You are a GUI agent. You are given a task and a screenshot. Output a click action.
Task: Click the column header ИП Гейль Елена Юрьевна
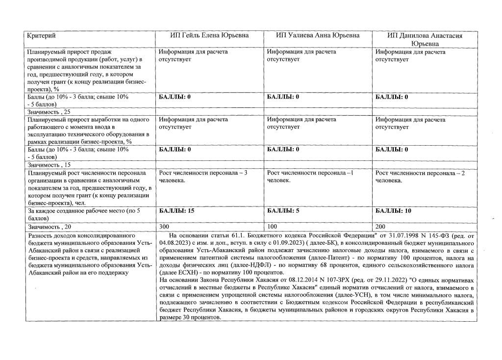209,35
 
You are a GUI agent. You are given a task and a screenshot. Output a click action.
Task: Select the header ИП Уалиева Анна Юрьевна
318,35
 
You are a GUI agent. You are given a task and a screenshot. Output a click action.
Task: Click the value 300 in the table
165,227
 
